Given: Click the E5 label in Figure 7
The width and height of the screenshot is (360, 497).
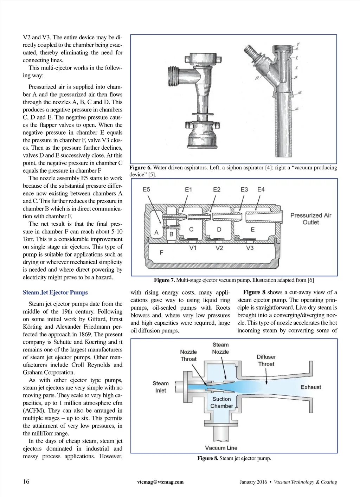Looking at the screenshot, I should coord(146,189).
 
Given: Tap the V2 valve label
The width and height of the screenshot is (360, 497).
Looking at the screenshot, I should coord(219,248).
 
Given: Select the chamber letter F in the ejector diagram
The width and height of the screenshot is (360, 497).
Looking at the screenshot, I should coord(161,252).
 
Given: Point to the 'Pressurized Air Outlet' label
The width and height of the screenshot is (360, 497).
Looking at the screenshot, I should coord(311,219).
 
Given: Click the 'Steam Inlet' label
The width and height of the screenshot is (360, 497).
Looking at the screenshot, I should coord(160,387).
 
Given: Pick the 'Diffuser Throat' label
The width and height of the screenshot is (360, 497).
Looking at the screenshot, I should coord(266,361).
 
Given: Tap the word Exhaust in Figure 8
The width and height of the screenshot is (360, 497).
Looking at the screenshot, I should coord(311,387).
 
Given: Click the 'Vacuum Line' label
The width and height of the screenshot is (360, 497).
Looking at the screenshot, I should coord(221,448).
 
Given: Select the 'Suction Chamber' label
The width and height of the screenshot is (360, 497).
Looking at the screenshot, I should coord(221,402).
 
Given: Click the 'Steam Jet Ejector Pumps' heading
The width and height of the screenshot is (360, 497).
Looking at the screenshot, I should coord(55,292).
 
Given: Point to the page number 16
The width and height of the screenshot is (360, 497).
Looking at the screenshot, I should coord(26,482).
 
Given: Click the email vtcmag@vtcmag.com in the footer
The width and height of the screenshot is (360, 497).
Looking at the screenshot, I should coord(160,482).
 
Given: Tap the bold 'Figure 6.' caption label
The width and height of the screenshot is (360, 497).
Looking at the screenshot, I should coord(141,168).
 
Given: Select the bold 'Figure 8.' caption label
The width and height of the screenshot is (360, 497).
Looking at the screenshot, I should coord(207,458).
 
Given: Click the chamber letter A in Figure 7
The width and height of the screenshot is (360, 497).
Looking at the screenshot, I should coord(156,233).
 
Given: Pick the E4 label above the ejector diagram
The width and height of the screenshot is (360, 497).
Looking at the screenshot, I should coord(261,189).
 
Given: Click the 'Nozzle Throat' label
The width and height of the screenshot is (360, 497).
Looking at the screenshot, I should coord(188,355).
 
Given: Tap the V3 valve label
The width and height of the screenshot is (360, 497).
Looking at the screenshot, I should coord(250,248).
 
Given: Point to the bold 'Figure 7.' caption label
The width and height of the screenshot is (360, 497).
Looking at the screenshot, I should coord(164,280).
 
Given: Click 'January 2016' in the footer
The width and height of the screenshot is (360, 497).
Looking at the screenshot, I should coord(253,482).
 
